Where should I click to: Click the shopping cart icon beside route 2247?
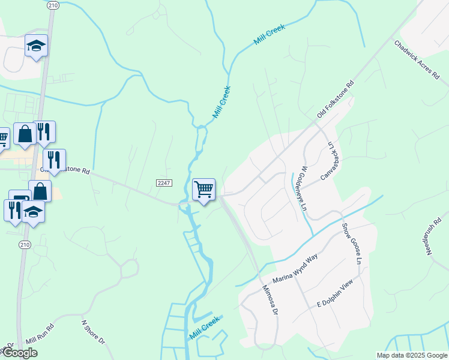tap(203, 190)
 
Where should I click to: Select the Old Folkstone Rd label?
tap(336, 100)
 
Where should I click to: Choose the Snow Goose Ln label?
tap(353, 244)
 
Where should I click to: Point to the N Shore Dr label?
tap(94, 331)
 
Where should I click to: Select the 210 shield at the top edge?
tap(53, 5)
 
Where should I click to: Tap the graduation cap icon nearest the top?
tap(36, 45)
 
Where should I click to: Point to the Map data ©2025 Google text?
tap(412, 355)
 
